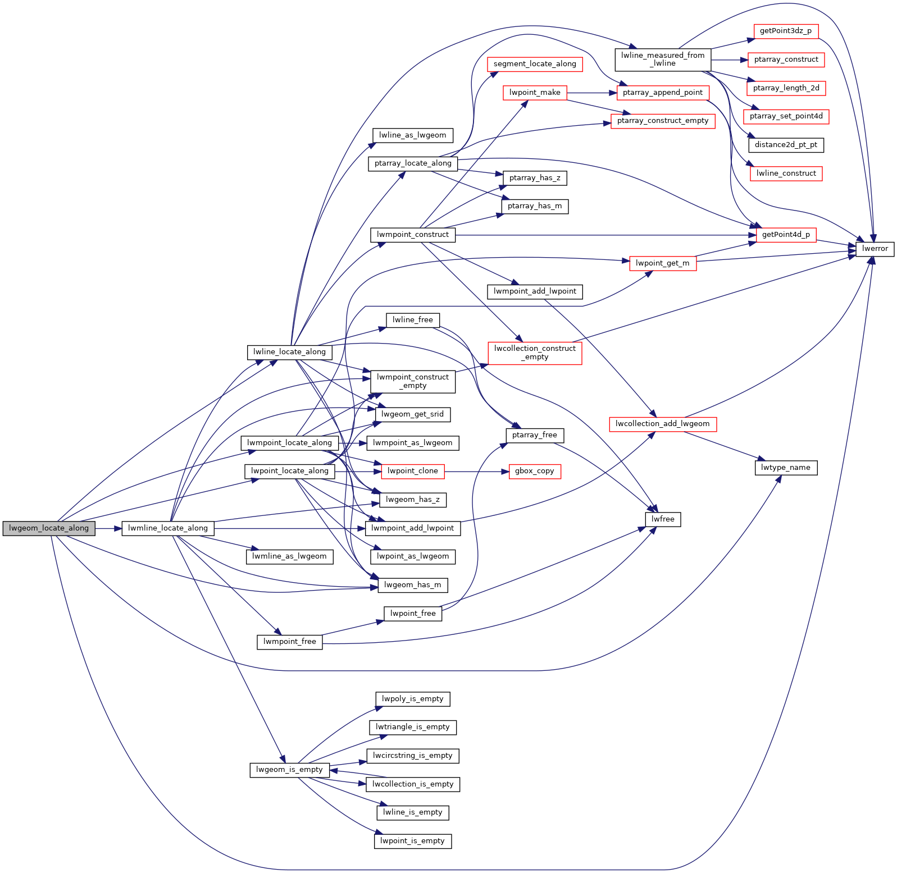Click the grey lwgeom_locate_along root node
49,528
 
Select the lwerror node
875,249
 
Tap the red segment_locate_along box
534,64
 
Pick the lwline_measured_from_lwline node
663,60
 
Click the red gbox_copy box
534,471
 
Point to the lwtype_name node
785,468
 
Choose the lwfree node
663,519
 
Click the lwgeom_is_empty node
289,770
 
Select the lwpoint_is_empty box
412,841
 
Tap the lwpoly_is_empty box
412,699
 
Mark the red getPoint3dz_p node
785,31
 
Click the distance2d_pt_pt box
785,145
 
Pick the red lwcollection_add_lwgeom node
662,424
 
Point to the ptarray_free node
534,435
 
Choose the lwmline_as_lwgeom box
289,556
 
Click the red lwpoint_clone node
412,471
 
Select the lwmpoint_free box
289,642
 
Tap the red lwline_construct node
785,173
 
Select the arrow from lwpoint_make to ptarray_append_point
592,93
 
